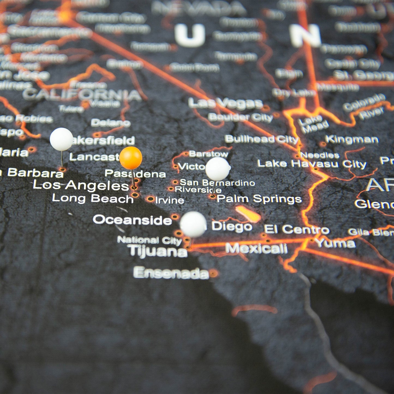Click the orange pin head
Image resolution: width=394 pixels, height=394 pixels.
tap(131, 158)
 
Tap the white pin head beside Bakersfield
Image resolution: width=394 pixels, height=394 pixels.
tap(61, 139)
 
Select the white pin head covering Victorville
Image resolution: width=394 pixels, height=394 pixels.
tap(217, 169)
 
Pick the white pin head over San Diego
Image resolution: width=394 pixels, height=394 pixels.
tap(193, 224)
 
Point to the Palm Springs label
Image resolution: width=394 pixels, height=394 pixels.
tap(259, 199)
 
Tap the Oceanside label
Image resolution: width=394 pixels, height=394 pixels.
tap(132, 220)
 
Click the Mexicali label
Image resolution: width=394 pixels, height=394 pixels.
tap(256, 248)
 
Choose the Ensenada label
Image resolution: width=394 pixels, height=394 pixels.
tap(171, 273)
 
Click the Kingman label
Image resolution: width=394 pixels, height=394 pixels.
tap(352, 140)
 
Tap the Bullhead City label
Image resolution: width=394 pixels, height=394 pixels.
tap(261, 139)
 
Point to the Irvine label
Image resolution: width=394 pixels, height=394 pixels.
tap(170, 200)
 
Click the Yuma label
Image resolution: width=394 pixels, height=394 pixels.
tap(335, 243)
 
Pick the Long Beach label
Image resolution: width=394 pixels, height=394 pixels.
tap(93, 198)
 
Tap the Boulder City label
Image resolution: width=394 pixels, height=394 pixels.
tap(240, 117)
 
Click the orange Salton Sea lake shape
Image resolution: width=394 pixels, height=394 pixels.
tap(248, 214)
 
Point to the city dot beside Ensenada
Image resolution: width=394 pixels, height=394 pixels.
tap(213, 273)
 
